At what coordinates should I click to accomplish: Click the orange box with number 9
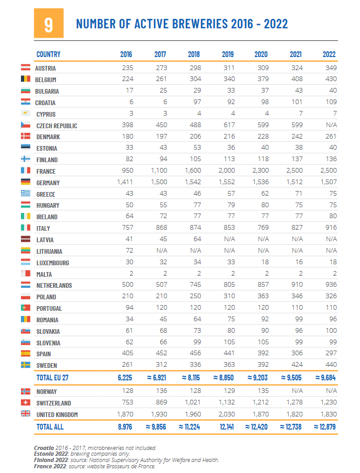(x=48, y=24)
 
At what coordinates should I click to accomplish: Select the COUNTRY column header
(x=49, y=54)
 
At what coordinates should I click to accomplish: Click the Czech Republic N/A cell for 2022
(x=330, y=126)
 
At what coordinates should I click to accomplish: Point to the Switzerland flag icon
(x=25, y=403)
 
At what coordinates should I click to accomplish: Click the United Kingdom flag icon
(x=25, y=414)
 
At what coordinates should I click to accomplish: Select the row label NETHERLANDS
(x=54, y=286)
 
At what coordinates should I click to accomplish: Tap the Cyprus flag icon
(x=25, y=114)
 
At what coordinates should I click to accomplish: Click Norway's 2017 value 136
(x=161, y=391)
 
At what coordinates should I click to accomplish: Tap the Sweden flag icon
(x=25, y=365)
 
